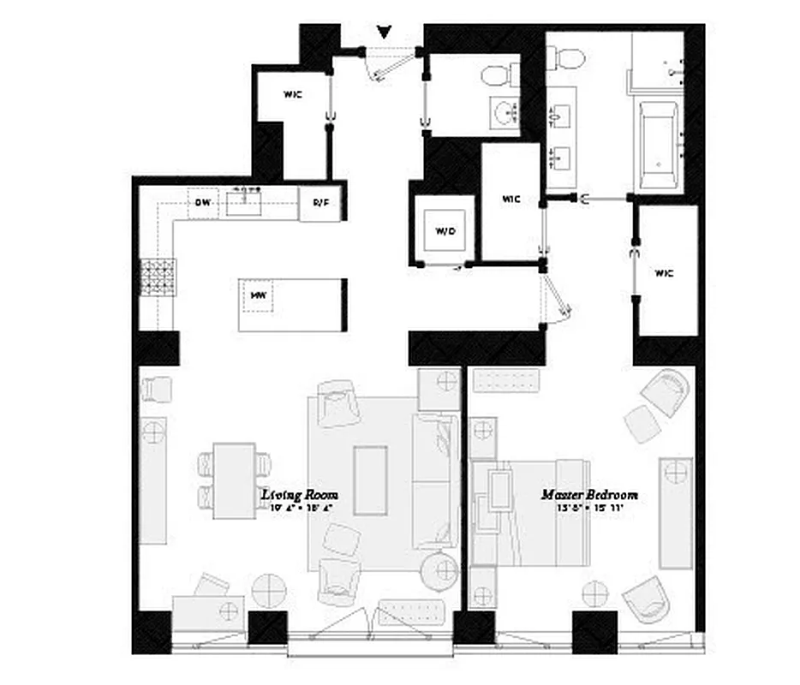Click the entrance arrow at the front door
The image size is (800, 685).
(385, 33)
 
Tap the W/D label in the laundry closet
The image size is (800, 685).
(445, 231)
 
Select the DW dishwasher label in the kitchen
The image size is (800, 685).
(202, 203)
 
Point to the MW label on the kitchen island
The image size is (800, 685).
(257, 296)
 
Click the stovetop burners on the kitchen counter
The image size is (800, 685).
(158, 277)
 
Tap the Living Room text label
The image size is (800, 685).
(300, 495)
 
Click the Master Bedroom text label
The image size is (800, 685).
(588, 495)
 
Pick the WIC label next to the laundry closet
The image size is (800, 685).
(511, 200)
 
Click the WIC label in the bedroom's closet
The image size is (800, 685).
(665, 274)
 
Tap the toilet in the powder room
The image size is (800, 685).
(496, 77)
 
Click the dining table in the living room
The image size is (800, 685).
(234, 480)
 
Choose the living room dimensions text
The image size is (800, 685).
(300, 509)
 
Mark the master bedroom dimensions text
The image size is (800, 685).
(588, 509)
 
